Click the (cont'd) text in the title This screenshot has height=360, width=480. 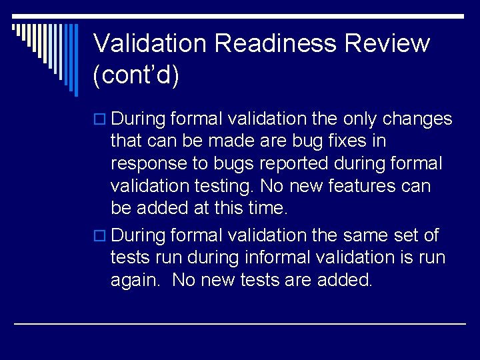tap(137, 75)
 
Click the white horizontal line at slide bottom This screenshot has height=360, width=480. tap(240, 323)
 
